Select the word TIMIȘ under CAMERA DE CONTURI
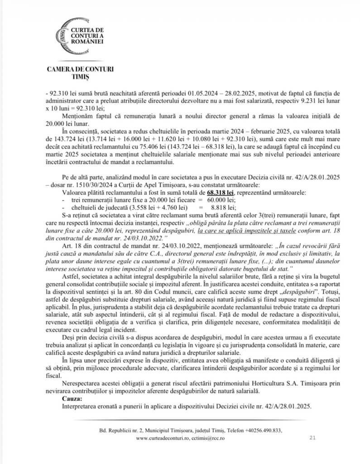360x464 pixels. click(80, 77)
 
